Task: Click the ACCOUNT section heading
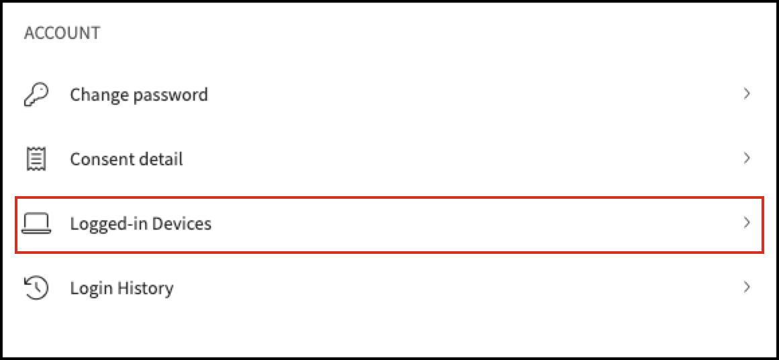[62, 34]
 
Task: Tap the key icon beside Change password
[36, 94]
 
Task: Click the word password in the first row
[171, 95]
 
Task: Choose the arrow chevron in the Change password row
[746, 94]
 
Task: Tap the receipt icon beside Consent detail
[36, 159]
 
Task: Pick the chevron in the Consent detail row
[746, 159]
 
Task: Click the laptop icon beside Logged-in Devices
[36, 224]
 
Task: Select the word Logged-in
[109, 224]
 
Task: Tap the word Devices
[182, 224]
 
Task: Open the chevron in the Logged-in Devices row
[746, 223]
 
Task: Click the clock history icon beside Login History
[36, 288]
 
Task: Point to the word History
[144, 289]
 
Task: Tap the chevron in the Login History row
[746, 287]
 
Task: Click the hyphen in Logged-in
[131, 226]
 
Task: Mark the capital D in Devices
[158, 224]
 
